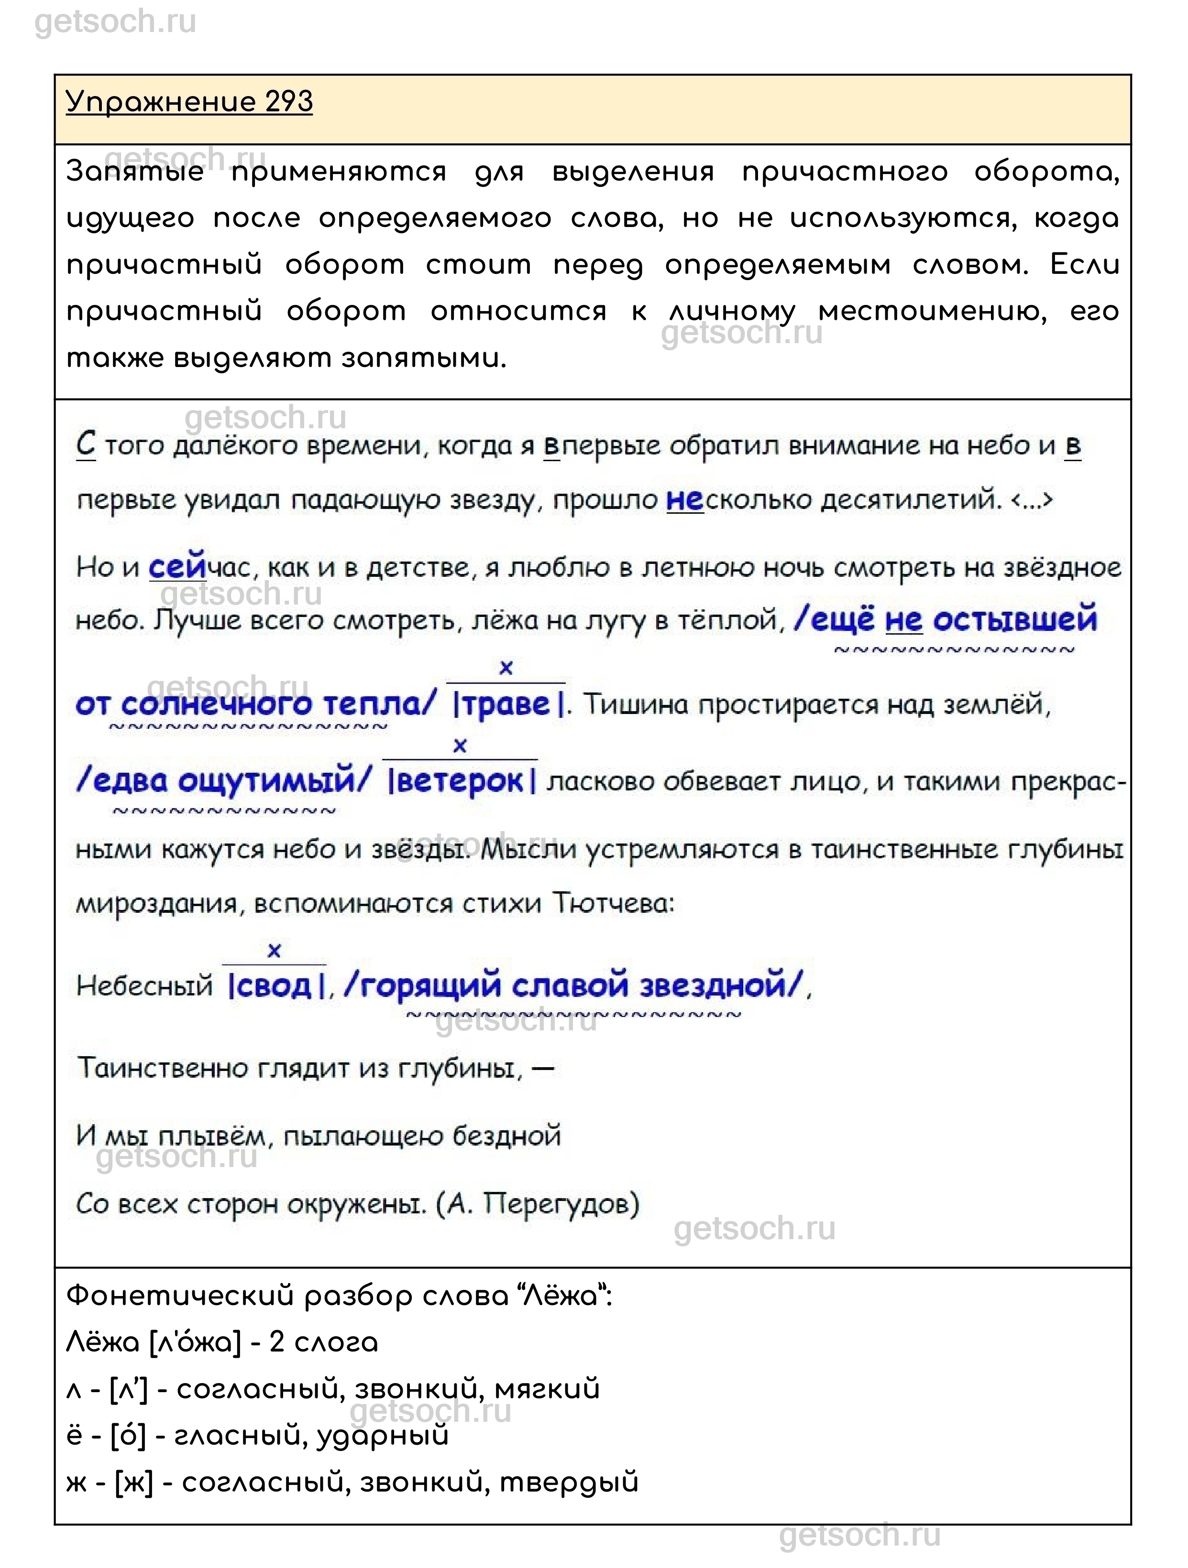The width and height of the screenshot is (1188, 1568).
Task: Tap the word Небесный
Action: point(144,986)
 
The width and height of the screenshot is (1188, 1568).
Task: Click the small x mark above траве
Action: point(506,668)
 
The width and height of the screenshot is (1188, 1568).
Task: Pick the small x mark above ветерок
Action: point(460,746)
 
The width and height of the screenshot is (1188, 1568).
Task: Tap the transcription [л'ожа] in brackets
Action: point(196,1342)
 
